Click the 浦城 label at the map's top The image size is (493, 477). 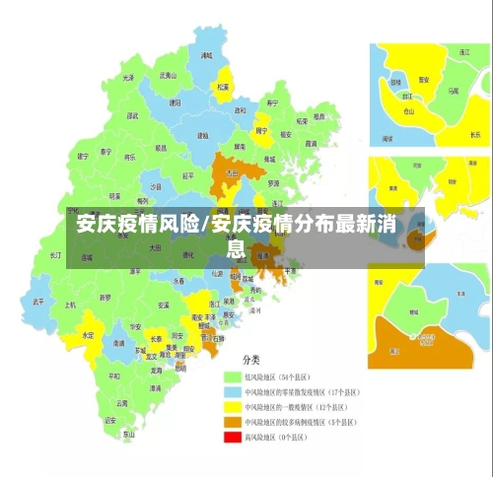(206, 56)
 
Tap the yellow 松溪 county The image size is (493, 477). (224, 86)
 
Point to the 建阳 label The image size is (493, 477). (175, 102)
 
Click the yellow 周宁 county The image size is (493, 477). (261, 130)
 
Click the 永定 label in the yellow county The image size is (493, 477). (88, 335)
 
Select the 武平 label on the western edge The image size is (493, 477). (37, 301)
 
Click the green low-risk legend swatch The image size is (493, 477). (233, 376)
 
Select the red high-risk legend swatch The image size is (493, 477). (233, 437)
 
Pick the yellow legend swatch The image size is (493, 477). (233, 406)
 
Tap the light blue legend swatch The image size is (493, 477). (233, 391)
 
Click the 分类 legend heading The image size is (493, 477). (252, 360)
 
